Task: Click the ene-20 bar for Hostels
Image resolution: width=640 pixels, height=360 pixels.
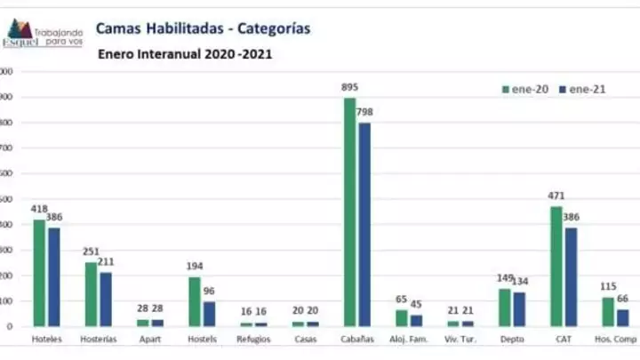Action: (x=194, y=301)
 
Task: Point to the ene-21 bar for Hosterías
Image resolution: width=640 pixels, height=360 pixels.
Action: (x=106, y=299)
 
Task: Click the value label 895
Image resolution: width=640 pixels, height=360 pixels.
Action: (x=349, y=87)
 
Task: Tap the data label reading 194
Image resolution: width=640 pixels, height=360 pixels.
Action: (x=195, y=267)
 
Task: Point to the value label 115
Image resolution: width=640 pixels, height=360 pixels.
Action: (x=607, y=286)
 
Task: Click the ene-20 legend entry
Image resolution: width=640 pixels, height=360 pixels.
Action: (x=524, y=89)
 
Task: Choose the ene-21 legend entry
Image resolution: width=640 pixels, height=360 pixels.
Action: (x=582, y=89)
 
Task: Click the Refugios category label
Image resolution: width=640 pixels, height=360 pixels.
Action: (x=253, y=340)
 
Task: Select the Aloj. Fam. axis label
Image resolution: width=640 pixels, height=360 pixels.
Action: (x=408, y=340)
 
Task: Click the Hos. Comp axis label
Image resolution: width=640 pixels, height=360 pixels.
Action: (x=614, y=340)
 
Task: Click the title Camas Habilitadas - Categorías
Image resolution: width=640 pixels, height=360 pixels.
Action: (x=203, y=28)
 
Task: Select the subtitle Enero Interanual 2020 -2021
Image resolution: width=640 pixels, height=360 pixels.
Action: (x=184, y=54)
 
